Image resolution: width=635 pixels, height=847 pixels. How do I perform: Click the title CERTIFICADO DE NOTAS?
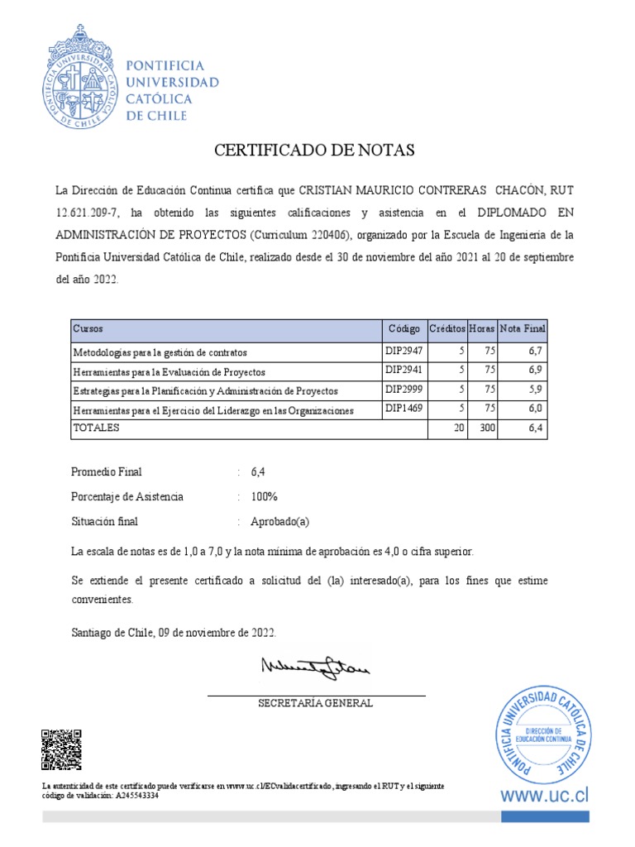coord(313,151)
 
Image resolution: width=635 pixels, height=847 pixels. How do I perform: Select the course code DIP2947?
coord(404,351)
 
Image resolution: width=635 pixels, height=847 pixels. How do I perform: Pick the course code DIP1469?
coord(404,409)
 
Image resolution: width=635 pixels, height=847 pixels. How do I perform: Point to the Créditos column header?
coord(447,328)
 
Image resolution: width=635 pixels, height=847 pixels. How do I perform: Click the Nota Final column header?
coord(523,328)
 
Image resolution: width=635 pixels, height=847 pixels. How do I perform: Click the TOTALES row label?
coord(97,428)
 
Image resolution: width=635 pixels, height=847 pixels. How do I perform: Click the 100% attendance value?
coord(264,497)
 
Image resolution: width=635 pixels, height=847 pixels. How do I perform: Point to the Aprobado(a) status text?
coord(279,522)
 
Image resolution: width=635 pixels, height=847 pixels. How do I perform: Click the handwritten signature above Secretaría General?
coord(316,667)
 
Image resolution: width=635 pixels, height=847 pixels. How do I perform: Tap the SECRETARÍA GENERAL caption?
coord(315,704)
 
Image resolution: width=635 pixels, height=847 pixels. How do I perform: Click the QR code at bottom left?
coord(61,749)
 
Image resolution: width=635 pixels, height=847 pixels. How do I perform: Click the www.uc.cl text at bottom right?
coord(544,796)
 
